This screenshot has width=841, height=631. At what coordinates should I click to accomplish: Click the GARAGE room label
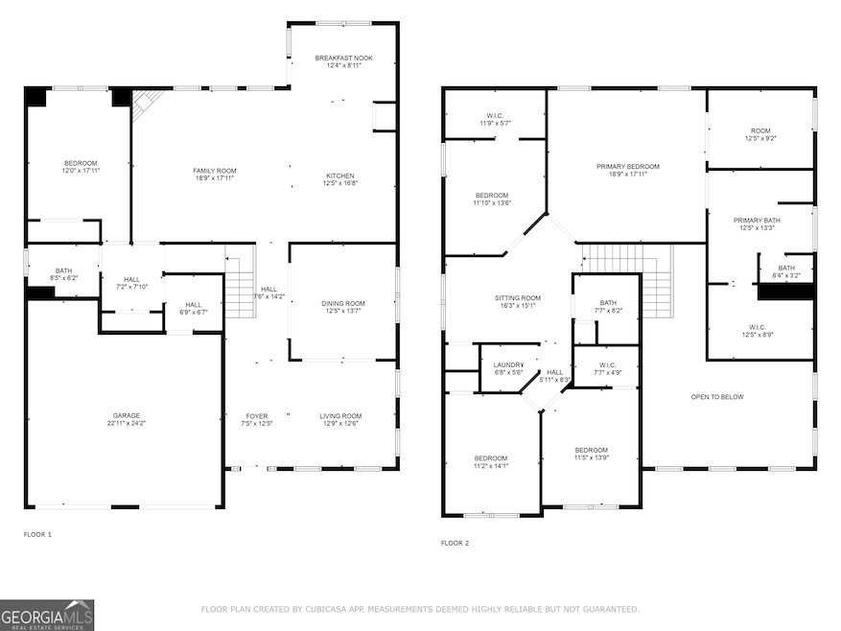click(126, 415)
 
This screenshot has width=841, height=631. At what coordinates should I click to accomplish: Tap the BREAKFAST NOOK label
click(344, 58)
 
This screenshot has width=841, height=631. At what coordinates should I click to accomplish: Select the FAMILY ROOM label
click(215, 171)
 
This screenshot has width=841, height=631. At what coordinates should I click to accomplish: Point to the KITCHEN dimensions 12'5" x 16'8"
click(340, 183)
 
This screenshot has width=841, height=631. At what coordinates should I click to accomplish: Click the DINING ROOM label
click(343, 303)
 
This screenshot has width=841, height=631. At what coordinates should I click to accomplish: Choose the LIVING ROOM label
click(340, 416)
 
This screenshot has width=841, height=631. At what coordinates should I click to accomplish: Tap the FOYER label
click(257, 416)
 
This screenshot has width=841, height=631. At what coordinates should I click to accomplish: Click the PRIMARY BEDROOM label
click(628, 166)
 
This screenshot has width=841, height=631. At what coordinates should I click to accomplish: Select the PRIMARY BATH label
click(757, 220)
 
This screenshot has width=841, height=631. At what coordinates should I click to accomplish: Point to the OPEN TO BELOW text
click(717, 397)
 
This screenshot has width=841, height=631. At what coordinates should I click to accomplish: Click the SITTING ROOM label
click(518, 298)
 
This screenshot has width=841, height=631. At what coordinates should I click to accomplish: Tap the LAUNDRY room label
click(508, 364)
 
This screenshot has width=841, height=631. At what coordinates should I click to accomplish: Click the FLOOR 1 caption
click(37, 534)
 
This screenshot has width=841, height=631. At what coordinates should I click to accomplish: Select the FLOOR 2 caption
click(455, 543)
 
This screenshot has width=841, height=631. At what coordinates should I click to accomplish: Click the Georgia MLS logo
click(47, 615)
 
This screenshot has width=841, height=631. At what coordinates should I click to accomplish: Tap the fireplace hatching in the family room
click(146, 104)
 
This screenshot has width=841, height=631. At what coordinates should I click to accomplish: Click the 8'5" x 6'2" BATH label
click(64, 270)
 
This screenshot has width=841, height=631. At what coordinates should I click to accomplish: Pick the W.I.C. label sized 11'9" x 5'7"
click(495, 116)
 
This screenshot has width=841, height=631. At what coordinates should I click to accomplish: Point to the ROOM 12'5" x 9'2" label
click(760, 130)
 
